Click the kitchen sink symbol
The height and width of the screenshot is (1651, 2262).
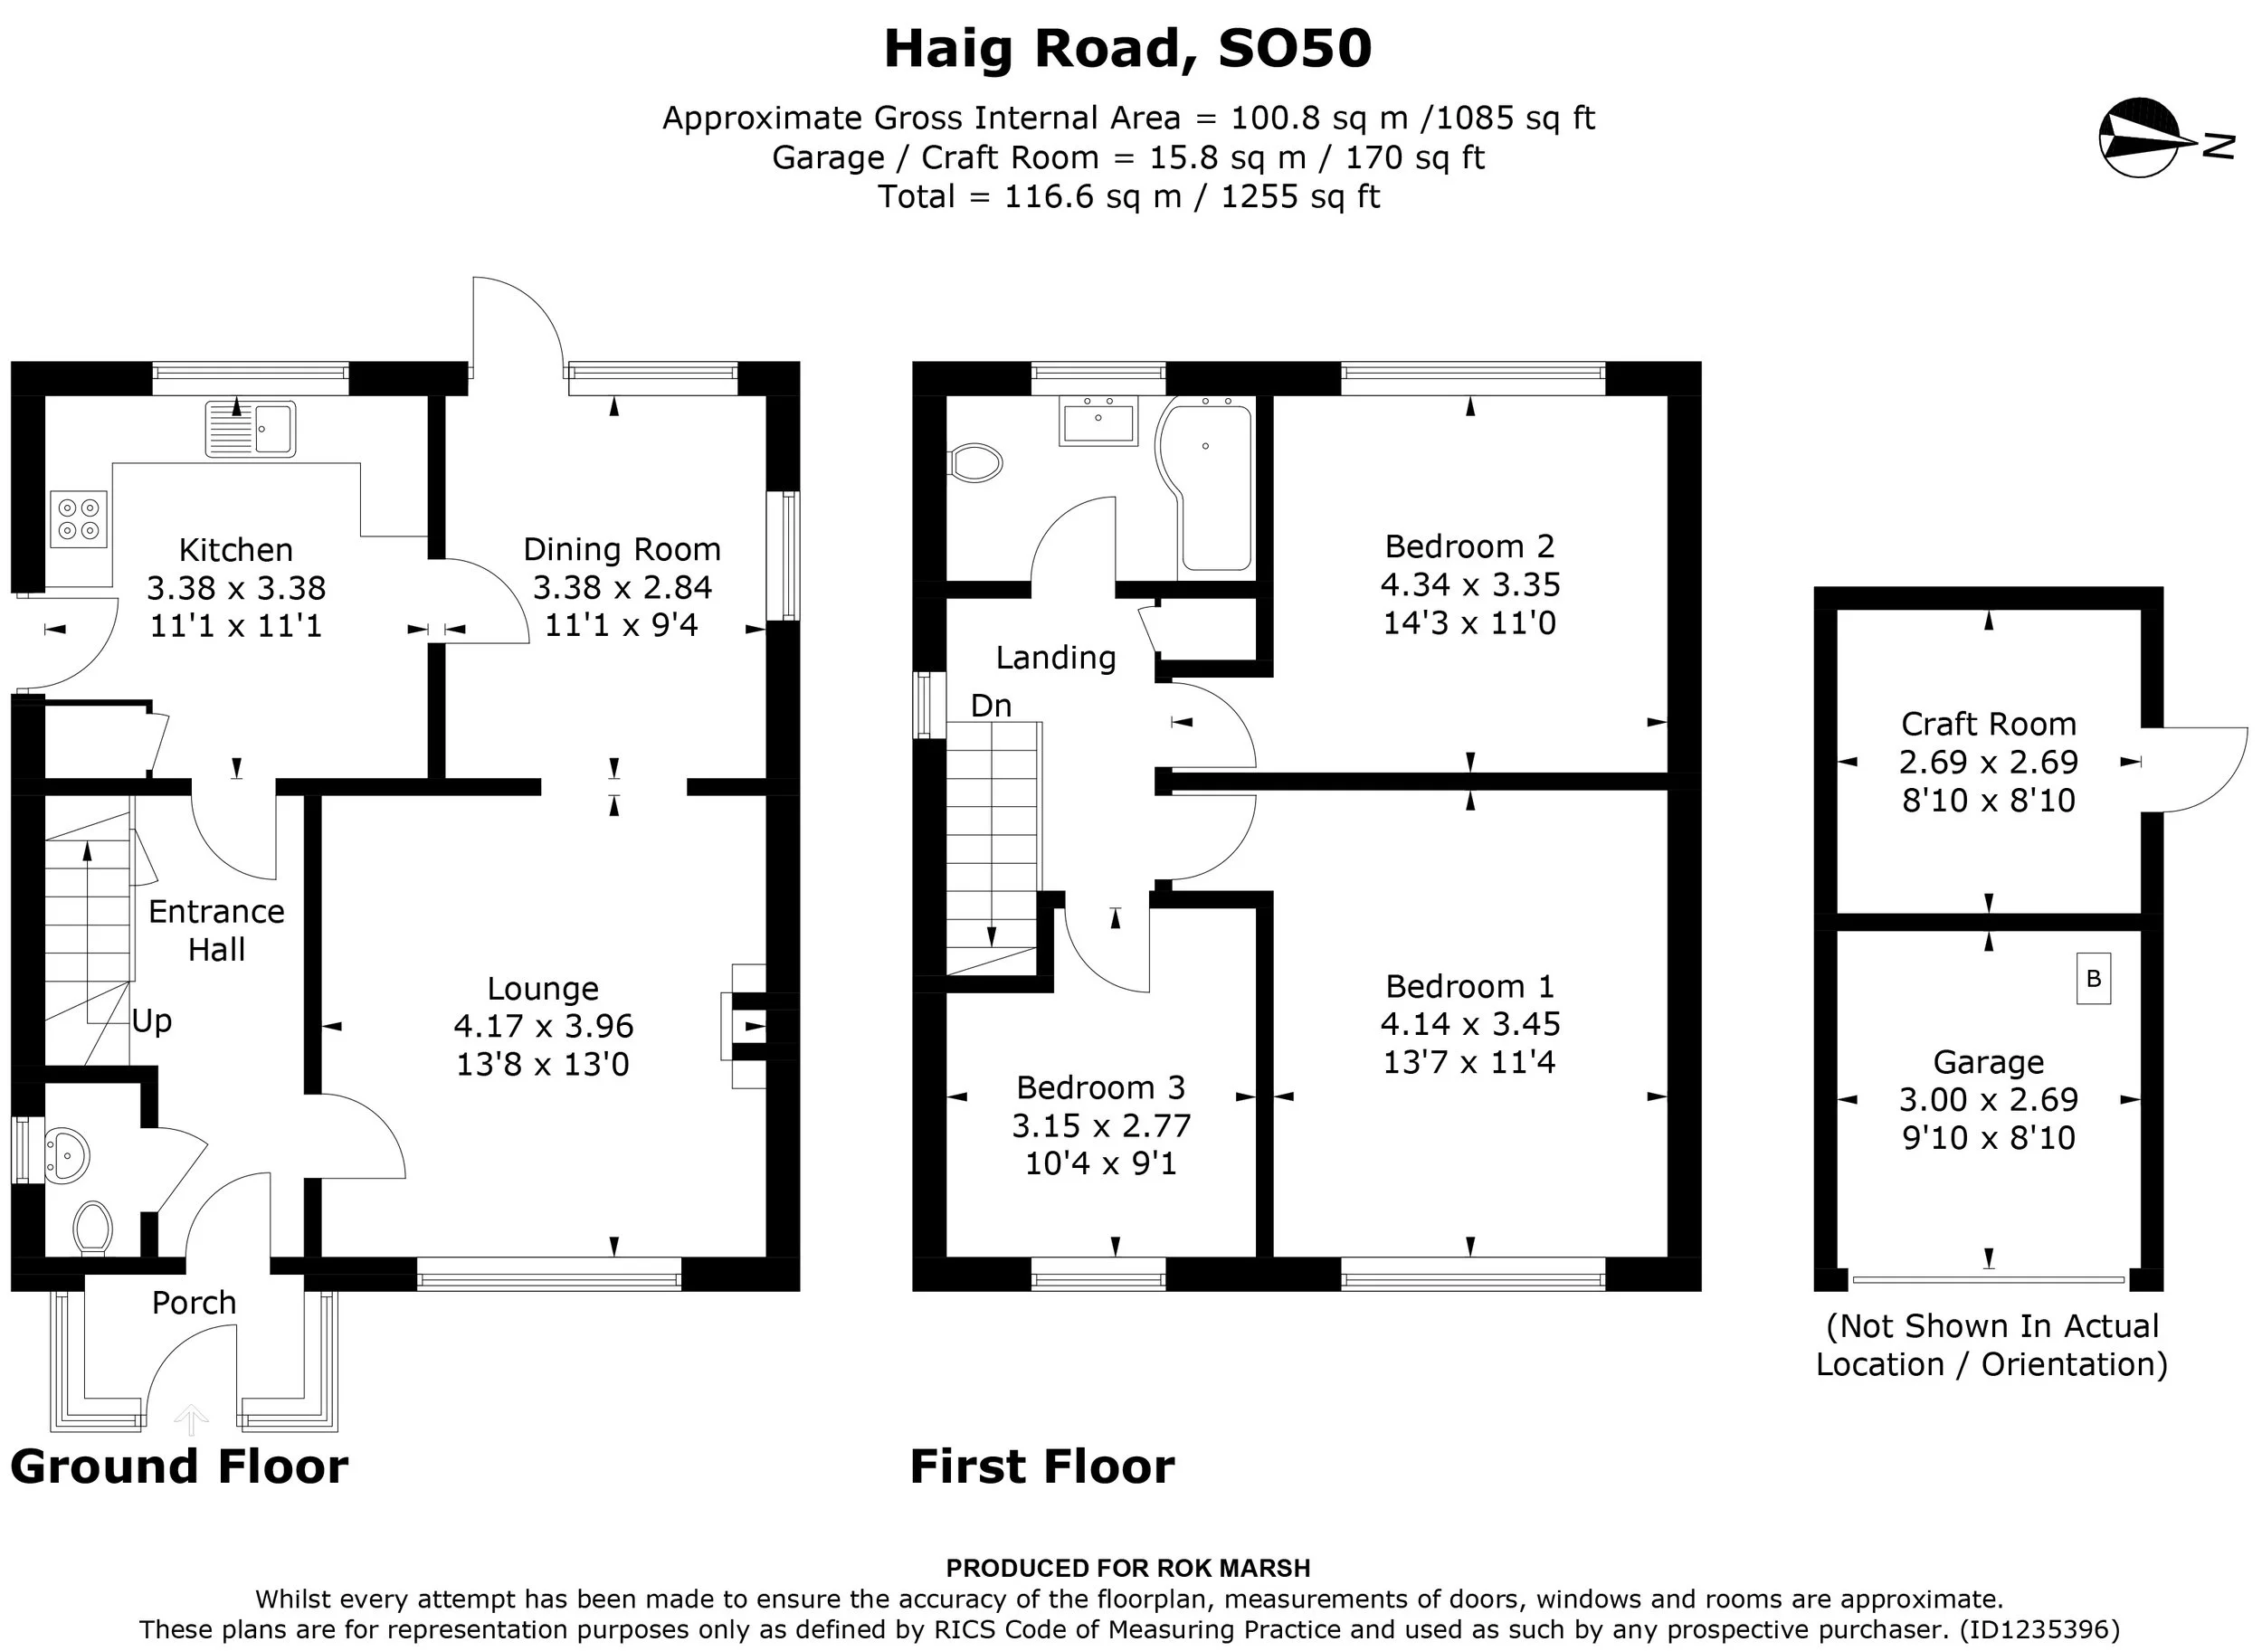251,429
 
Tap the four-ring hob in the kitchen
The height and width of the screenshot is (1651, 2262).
79,519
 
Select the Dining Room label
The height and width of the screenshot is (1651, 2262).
622,550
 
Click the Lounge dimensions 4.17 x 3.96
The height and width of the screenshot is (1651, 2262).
544,1027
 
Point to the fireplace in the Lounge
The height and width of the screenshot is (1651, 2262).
744,1025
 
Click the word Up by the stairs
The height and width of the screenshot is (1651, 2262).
152,1021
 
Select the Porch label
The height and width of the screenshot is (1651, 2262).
194,1304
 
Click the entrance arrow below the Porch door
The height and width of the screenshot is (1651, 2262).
191,1419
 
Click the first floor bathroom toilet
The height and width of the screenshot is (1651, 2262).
974,462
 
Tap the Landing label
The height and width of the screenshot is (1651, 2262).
1056,658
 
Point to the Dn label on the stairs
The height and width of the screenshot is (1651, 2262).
991,706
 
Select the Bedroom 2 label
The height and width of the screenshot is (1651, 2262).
1469,546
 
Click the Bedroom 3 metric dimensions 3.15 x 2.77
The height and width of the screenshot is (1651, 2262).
1101,1126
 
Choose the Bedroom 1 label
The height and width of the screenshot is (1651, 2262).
1469,987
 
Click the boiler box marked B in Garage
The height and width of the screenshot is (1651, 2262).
2094,979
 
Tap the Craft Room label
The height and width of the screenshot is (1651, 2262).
1988,724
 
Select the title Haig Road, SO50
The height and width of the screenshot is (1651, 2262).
1127,50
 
